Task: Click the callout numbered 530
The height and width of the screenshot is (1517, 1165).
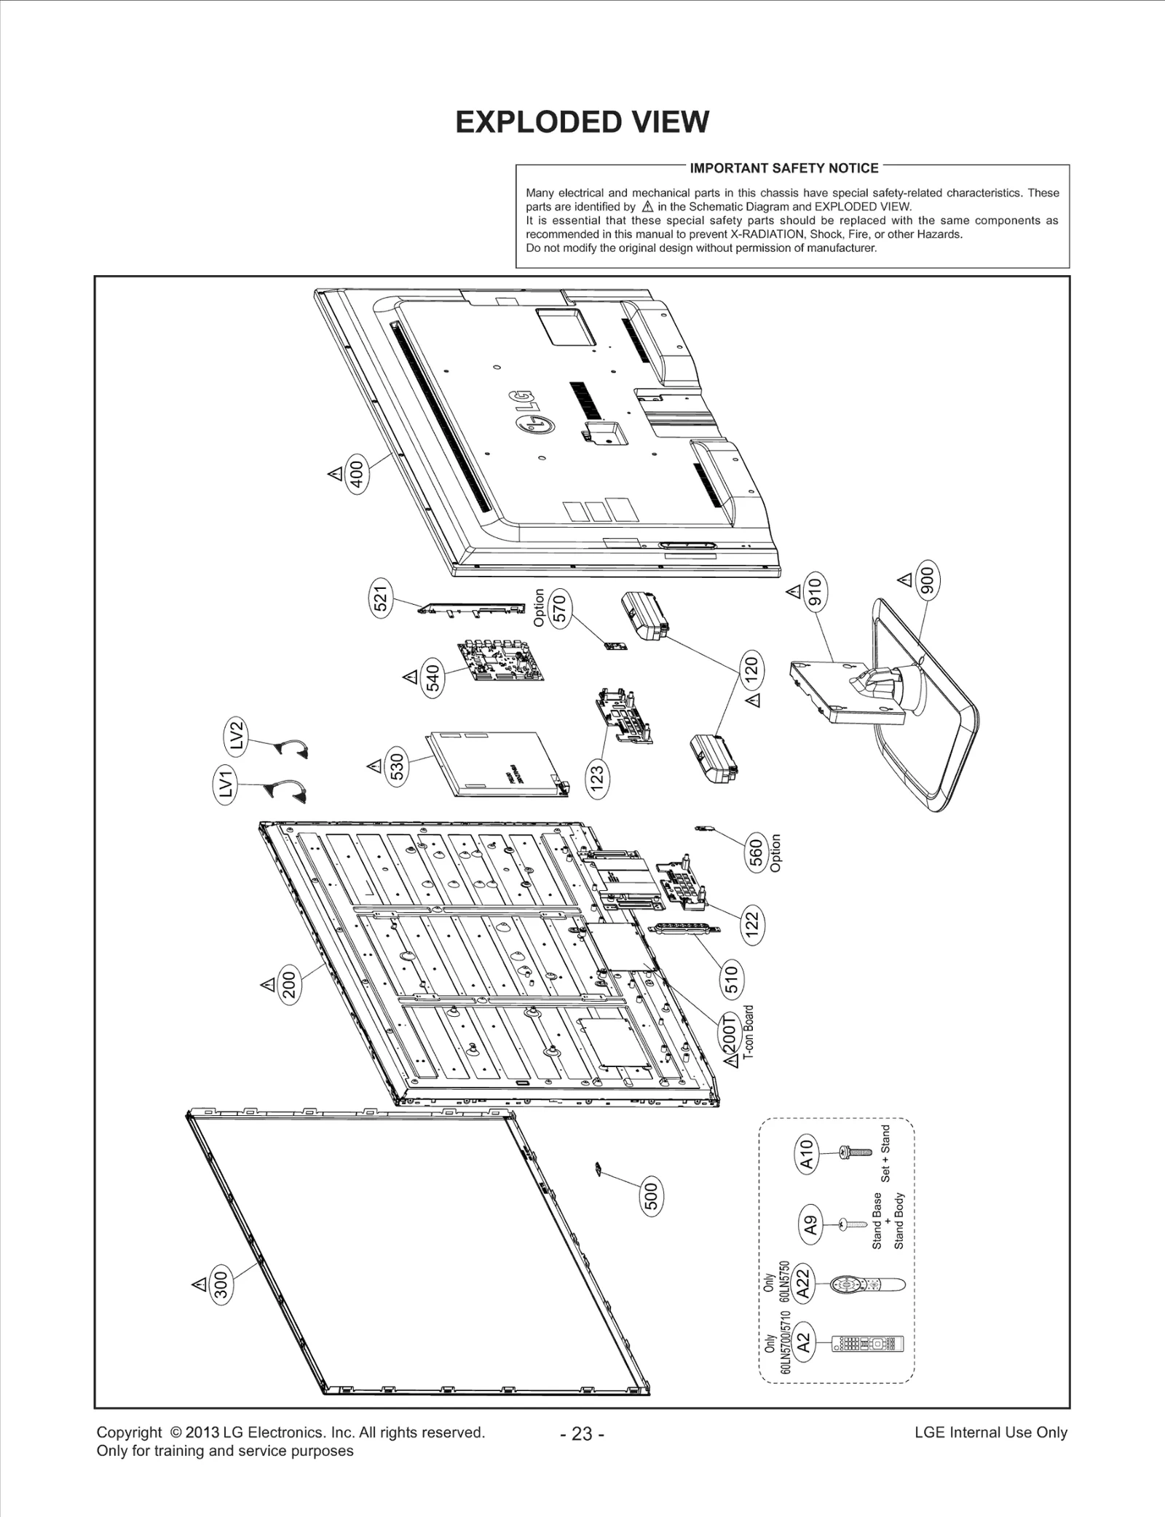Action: pyautogui.click(x=397, y=767)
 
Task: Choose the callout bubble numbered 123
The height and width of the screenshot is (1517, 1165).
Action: pyautogui.click(x=598, y=780)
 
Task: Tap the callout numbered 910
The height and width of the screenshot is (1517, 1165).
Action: pyautogui.click(x=815, y=591)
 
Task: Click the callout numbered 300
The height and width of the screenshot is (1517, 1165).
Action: pyautogui.click(x=221, y=1285)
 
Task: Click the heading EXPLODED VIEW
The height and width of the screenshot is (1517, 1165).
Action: pyautogui.click(x=582, y=122)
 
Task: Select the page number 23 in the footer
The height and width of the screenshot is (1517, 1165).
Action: pyautogui.click(x=582, y=1433)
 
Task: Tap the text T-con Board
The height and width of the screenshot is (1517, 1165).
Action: pyautogui.click(x=749, y=1034)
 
